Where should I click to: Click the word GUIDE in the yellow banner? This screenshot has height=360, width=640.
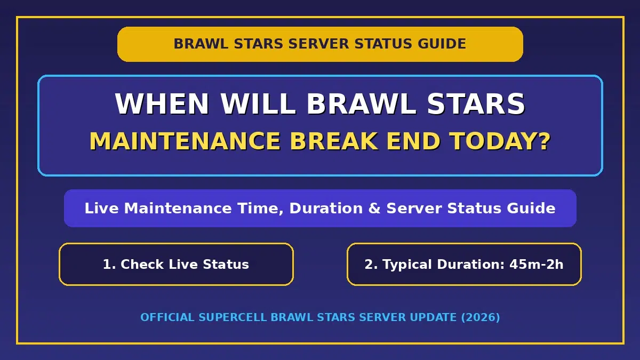[x=442, y=44]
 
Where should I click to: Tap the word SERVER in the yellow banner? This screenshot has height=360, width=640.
[x=318, y=44]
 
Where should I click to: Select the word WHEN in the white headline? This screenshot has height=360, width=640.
[x=162, y=103]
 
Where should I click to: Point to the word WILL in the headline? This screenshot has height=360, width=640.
[x=258, y=103]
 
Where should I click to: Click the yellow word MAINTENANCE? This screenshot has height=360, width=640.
[x=185, y=141]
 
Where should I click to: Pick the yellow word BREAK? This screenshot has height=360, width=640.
[x=333, y=141]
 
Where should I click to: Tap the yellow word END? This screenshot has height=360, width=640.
[x=413, y=141]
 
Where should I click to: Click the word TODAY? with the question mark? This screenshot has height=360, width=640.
[x=500, y=141]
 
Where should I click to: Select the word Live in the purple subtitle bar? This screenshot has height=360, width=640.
[x=101, y=208]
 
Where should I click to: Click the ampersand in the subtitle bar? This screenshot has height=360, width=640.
[x=374, y=208]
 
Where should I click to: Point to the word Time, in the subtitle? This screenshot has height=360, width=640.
[x=261, y=209]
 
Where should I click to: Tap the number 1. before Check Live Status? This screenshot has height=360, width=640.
[x=109, y=265]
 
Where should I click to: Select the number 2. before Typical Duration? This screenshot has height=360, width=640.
[x=371, y=265]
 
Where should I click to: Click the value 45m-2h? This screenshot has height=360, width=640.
[x=537, y=265]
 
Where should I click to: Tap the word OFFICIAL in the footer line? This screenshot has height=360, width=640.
[x=167, y=317]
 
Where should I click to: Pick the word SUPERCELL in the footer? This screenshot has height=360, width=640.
[x=233, y=317]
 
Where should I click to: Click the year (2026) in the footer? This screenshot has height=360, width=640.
[x=481, y=318]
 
